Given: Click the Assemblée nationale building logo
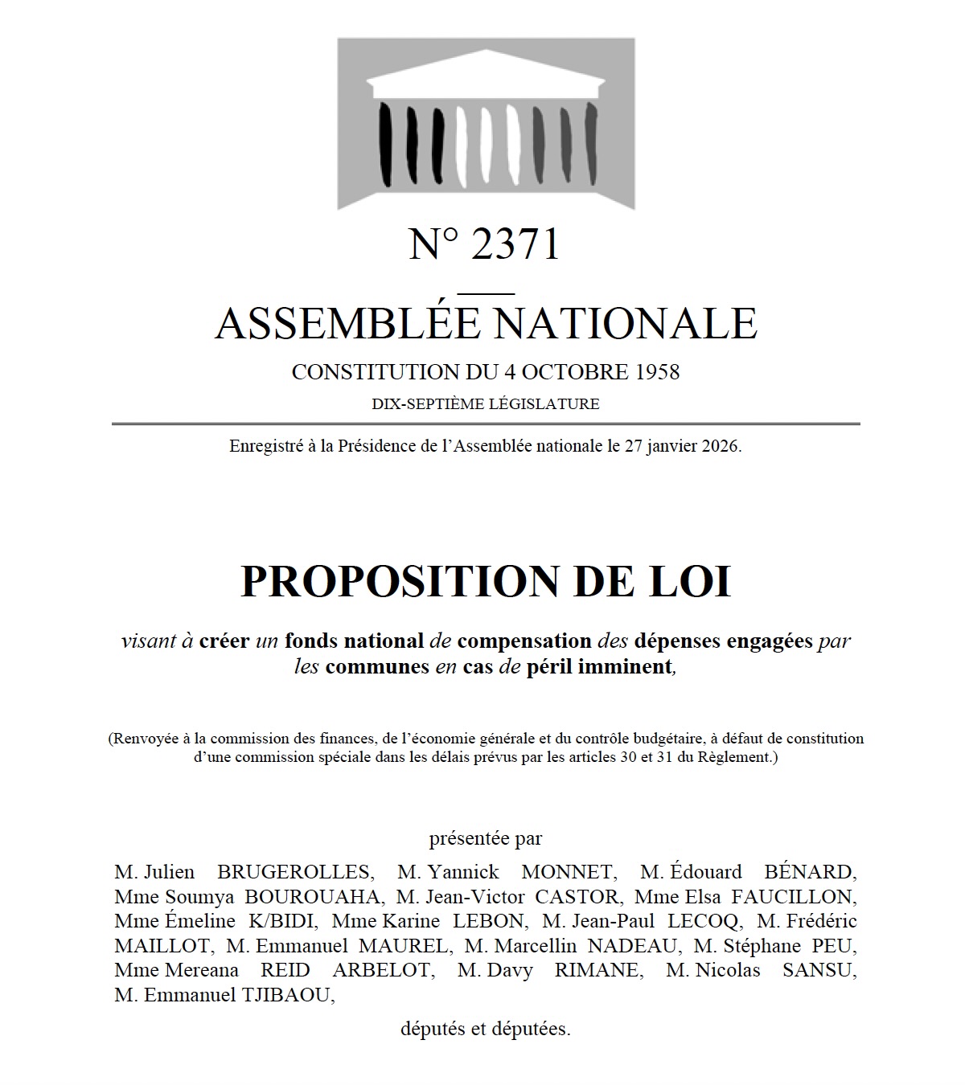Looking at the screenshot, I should coord(486,124).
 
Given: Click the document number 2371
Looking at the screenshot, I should coord(515,244).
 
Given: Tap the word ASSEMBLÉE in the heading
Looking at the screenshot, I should coord(347,323).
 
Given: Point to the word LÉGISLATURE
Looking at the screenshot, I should coord(544,404).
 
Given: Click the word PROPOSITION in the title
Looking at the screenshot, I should coord(399,581).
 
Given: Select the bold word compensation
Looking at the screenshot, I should coord(524,641).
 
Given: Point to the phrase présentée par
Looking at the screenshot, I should coord(486,839).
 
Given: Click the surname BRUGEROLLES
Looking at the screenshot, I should coord(294,872).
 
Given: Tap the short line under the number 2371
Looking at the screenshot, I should coord(486,293).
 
